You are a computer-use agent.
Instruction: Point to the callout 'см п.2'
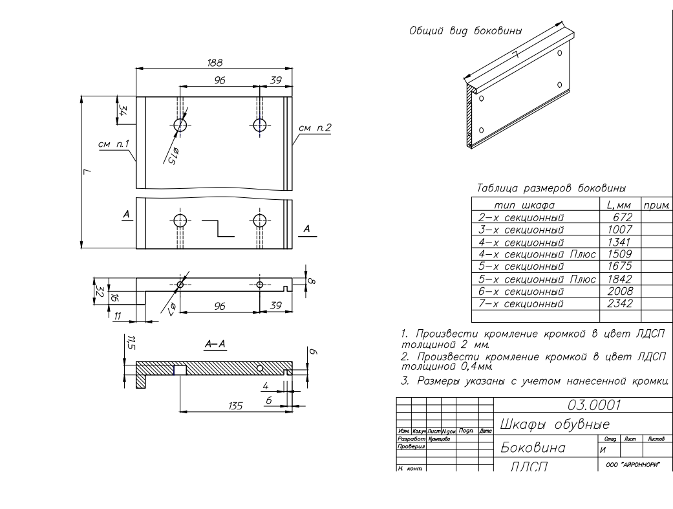(315, 128)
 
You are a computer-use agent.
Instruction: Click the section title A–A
(215, 345)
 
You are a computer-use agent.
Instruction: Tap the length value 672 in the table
(621, 217)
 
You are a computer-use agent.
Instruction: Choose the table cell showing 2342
(621, 303)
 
